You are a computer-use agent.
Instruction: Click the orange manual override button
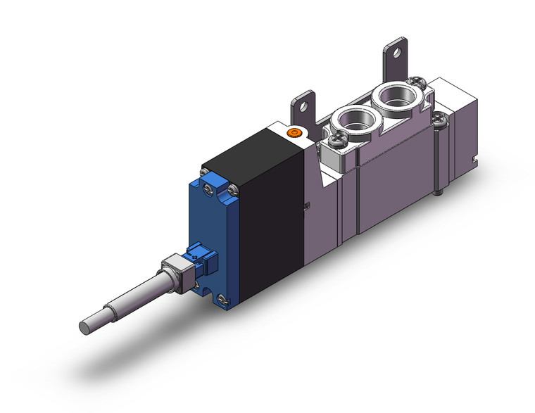coord(294,132)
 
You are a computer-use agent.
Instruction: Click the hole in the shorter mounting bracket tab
coord(303,107)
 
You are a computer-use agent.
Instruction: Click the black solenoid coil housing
coord(271,204)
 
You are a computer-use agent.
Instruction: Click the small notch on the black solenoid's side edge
coord(306,206)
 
